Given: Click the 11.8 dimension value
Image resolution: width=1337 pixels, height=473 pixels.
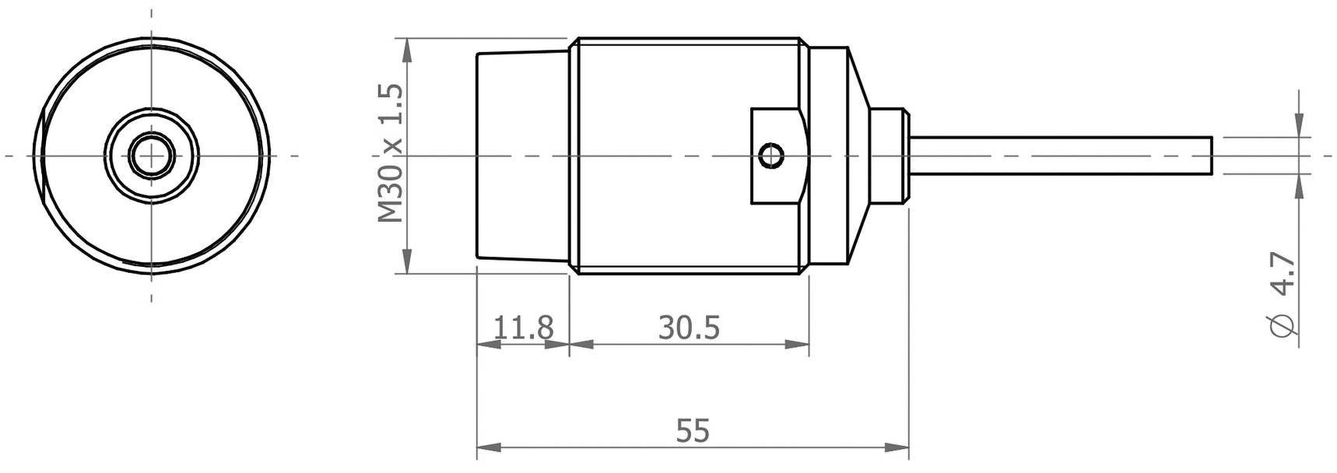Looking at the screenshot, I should [523, 327].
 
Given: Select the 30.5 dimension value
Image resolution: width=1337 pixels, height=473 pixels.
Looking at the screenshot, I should [689, 327].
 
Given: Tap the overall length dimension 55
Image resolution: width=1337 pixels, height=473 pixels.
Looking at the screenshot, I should [693, 430].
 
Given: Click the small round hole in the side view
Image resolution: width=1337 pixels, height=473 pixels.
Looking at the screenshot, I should [772, 156].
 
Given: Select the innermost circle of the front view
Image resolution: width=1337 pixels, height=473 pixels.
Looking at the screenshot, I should [150, 156].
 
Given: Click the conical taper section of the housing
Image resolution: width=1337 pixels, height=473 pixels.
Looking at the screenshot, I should [856, 156].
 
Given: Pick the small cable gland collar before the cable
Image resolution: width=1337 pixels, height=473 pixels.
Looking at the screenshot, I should [888, 156].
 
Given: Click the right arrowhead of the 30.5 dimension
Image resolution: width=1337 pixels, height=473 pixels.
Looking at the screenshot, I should [798, 345].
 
